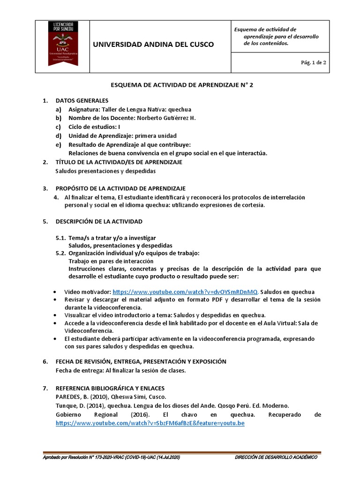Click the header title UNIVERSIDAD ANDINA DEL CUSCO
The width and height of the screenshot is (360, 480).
[x=154, y=45]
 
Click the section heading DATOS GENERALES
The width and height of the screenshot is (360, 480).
[x=82, y=100]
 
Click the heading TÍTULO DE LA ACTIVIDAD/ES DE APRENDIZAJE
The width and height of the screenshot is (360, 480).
[x=119, y=162]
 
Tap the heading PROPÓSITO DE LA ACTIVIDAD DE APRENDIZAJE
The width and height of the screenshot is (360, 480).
[x=120, y=188]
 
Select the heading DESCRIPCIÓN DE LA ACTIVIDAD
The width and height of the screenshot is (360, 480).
[x=99, y=221]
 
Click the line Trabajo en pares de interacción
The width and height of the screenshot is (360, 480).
[x=111, y=261]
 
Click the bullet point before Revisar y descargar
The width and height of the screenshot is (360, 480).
[x=56, y=300]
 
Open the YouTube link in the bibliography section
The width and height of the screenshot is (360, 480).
[x=150, y=423]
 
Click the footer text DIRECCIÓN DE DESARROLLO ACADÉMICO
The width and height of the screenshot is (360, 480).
[x=276, y=457]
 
